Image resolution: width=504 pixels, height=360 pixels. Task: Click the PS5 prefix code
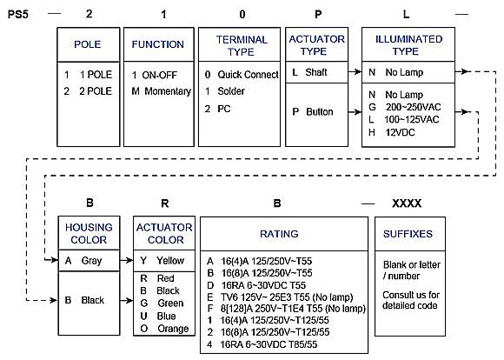coord(18,15)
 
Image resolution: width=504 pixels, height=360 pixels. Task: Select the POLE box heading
coord(88,44)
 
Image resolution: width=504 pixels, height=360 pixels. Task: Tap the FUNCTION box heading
coord(158,44)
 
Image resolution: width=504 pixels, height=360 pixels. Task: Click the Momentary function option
coord(162,91)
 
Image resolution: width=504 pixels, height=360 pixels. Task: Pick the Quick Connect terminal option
coord(242,75)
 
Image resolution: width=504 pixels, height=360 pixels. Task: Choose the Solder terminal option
coord(225,91)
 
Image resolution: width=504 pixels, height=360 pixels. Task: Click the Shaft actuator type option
coord(309,72)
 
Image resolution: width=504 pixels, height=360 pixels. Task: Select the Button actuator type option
coord(313,111)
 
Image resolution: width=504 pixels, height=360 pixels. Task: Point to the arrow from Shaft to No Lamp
coord(355,71)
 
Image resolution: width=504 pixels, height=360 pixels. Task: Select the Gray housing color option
coord(83,260)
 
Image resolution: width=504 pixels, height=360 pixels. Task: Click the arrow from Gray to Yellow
coord(126,260)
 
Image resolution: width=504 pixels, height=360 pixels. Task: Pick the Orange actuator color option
coord(164,329)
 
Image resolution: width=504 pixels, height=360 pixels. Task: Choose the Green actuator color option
coord(162,303)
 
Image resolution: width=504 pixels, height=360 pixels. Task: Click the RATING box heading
coord(279,234)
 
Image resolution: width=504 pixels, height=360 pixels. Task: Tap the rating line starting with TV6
coord(281,297)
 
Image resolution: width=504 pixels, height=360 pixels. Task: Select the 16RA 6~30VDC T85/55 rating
coord(262,344)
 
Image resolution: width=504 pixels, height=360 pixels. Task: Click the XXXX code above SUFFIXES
coord(407,203)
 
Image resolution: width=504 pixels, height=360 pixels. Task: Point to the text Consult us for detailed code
coord(411,300)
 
